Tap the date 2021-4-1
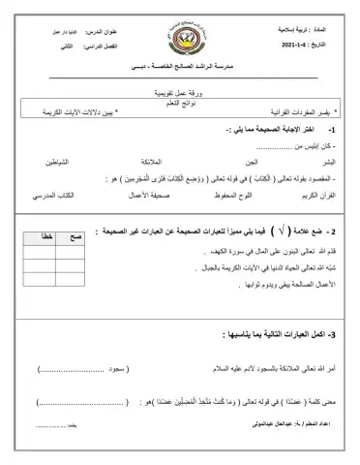click(298, 45)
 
